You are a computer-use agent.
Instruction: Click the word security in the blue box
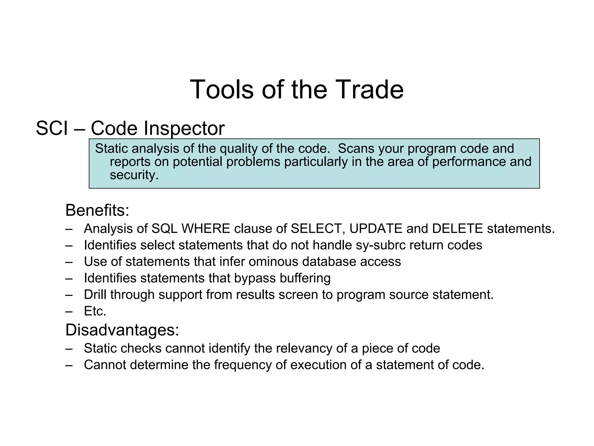click(x=134, y=175)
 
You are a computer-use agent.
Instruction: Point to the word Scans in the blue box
click(x=356, y=149)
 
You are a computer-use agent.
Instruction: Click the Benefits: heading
click(x=97, y=210)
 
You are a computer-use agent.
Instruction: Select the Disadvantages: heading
click(x=122, y=330)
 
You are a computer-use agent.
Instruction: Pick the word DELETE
click(x=457, y=229)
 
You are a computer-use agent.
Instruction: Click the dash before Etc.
click(x=69, y=312)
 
